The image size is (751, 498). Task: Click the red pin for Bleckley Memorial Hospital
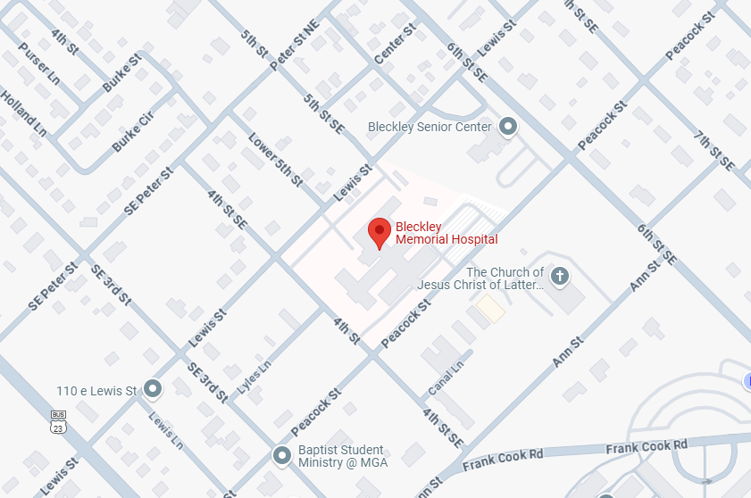(x=380, y=232)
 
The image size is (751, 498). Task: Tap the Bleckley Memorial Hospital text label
(x=446, y=233)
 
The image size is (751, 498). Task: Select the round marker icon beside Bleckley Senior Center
(x=508, y=127)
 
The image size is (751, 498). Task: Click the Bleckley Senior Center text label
(x=430, y=127)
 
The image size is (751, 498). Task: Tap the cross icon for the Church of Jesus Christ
(x=560, y=276)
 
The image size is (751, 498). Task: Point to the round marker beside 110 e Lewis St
(x=153, y=389)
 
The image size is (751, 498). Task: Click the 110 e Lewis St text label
(x=96, y=391)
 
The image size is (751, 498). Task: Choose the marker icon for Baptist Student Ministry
(x=282, y=456)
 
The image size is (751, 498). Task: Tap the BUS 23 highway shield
(x=59, y=422)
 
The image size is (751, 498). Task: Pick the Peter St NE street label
(x=300, y=45)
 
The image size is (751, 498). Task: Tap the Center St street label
(x=396, y=44)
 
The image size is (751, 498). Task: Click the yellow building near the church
(x=490, y=309)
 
